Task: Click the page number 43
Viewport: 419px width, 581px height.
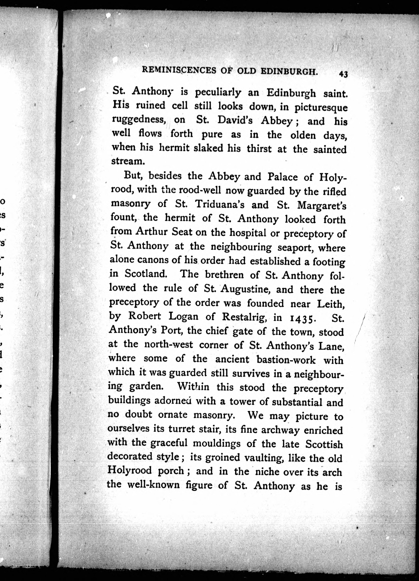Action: pos(343,74)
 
